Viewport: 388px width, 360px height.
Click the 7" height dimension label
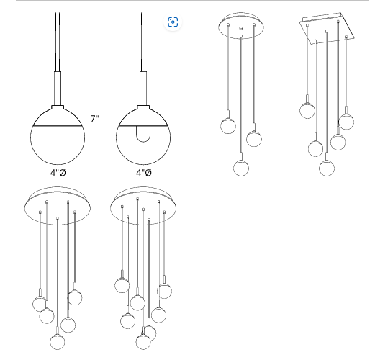pyautogui.click(x=94, y=119)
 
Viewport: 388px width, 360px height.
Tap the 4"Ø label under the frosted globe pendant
pyautogui.click(x=58, y=173)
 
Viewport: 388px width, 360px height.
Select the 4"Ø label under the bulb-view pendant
pyautogui.click(x=144, y=173)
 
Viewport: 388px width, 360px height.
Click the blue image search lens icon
pyautogui.click(x=173, y=22)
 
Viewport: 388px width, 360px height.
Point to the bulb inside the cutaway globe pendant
pyautogui.click(x=143, y=134)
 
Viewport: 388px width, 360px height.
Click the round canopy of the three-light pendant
pyautogui.click(x=241, y=26)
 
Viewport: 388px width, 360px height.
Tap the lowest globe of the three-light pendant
pyautogui.click(x=241, y=168)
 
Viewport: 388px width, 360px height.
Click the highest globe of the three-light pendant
pyautogui.click(x=228, y=126)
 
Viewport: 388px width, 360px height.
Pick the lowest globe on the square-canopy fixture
pyautogui.click(x=327, y=168)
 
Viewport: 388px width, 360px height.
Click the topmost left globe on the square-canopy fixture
pyautogui.click(x=307, y=110)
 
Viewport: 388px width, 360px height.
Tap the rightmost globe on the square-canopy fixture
pyautogui.click(x=346, y=122)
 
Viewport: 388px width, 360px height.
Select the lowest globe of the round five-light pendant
pyautogui.click(x=58, y=341)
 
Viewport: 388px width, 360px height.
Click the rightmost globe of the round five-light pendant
pyautogui.click(x=75, y=297)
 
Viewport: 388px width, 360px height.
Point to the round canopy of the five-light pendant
pyautogui.click(x=58, y=206)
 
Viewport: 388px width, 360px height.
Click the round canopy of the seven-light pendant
pyautogui.click(x=143, y=206)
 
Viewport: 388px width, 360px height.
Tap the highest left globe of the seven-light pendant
pyautogui.click(x=122, y=285)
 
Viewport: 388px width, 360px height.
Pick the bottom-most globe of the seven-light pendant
pyautogui.click(x=143, y=342)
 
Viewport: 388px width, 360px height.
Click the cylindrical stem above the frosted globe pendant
pyautogui.click(x=58, y=89)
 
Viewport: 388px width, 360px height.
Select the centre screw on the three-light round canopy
pyautogui.click(x=241, y=28)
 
